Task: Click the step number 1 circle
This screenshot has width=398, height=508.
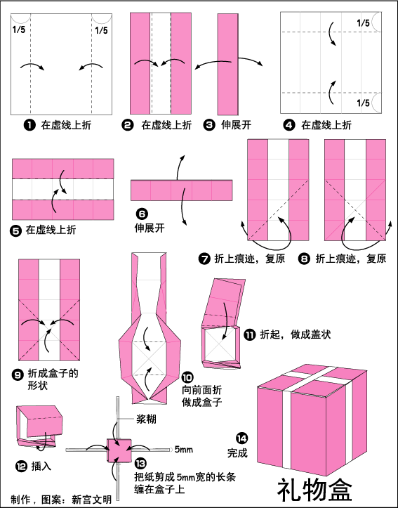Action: pyautogui.click(x=29, y=125)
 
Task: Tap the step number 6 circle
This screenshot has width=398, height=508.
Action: pyautogui.click(x=142, y=214)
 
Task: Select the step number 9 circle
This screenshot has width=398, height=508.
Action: pyautogui.click(x=18, y=375)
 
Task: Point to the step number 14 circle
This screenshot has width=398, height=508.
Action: pyautogui.click(x=241, y=438)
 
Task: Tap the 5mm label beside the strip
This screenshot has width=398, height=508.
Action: pyautogui.click(x=183, y=450)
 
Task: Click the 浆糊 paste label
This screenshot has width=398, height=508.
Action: pyautogui.click(x=146, y=419)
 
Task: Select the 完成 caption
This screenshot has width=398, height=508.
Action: pyautogui.click(x=237, y=452)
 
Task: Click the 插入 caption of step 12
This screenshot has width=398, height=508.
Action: pyautogui.click(x=41, y=467)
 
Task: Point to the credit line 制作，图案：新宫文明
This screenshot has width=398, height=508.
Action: pyautogui.click(x=61, y=500)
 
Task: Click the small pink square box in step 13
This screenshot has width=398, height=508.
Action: pyautogui.click(x=119, y=450)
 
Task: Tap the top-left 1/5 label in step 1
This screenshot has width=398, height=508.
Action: pyautogui.click(x=19, y=30)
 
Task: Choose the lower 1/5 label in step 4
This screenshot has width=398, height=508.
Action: pyautogui.click(x=363, y=103)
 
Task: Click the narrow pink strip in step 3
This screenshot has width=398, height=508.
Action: pyautogui.click(x=228, y=64)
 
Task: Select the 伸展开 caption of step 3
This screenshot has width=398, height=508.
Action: pyautogui.click(x=236, y=125)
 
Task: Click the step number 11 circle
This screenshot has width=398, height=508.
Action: pyautogui.click(x=249, y=334)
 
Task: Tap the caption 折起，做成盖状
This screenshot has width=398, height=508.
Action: pyautogui.click(x=296, y=334)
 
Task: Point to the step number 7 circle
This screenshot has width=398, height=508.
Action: pyautogui.click(x=204, y=259)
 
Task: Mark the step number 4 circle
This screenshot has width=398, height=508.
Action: pyautogui.click(x=289, y=125)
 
